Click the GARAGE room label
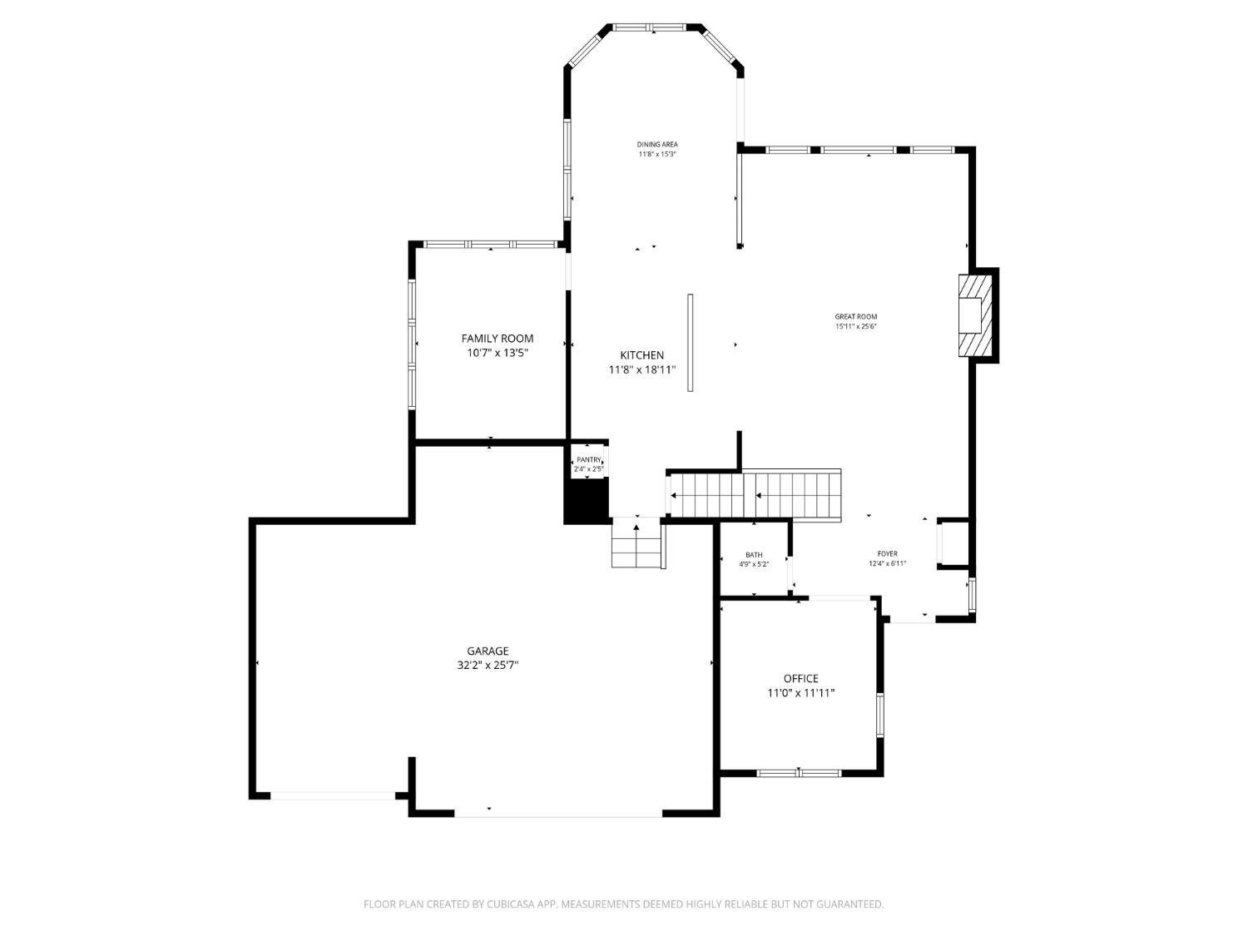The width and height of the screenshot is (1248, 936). point(488,651)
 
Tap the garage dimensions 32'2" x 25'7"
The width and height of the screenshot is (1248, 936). point(488,665)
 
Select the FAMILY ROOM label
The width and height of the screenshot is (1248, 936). point(498,339)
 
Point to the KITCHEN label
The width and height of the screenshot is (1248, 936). point(641,355)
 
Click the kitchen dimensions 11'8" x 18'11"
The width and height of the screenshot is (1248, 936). point(641,369)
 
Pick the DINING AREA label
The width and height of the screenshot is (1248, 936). point(657,145)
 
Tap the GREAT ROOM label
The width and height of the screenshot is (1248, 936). point(856,317)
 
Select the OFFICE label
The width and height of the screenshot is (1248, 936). point(800,679)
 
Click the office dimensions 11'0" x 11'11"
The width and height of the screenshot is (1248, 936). point(800,692)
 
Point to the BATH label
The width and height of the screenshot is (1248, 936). point(754,555)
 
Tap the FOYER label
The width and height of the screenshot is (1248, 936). point(887,554)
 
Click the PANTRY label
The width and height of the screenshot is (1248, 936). point(588,460)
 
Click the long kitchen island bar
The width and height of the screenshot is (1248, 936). point(691,342)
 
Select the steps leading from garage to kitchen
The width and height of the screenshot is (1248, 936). point(636,544)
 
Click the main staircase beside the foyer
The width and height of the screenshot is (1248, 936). point(755,495)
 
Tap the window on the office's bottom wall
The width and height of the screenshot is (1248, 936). point(799,773)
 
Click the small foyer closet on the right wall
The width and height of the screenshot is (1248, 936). point(953,543)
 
